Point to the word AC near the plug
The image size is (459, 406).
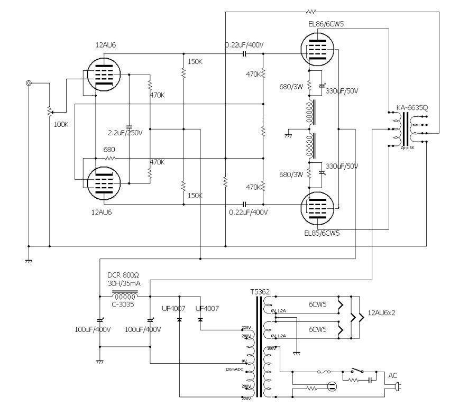coord(393,375)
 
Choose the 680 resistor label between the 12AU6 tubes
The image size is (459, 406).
coord(109,150)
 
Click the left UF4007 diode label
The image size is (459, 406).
coord(176,308)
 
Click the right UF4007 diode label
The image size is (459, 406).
coord(207,308)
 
